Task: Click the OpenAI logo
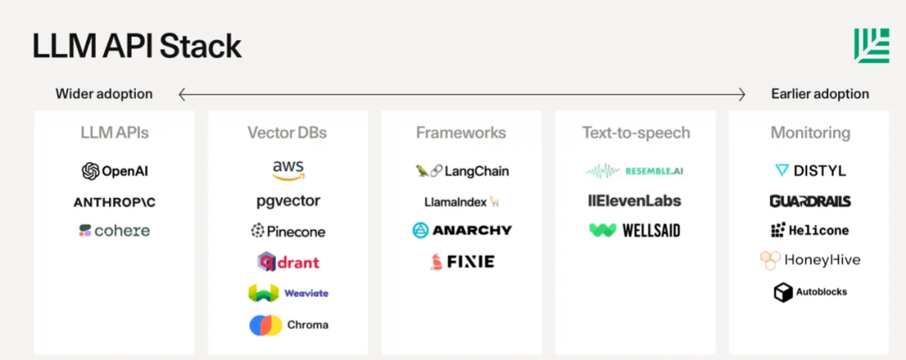coord(115,171)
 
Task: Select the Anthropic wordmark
coord(114,202)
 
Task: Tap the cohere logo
coord(114,231)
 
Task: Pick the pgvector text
coord(288,202)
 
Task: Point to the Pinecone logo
coord(288,231)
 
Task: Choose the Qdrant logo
coord(289,263)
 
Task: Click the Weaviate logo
coord(289,293)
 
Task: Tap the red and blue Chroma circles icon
coord(266,325)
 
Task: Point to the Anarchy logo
coord(461,230)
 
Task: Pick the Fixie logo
coord(461,262)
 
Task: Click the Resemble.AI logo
coord(635,170)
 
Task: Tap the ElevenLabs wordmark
coord(634,201)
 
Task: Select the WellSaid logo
coord(634,231)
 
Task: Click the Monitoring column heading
coord(810,133)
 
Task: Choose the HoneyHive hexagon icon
coord(770,261)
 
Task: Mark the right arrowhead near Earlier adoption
coord(742,94)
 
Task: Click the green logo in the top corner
coord(872,45)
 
